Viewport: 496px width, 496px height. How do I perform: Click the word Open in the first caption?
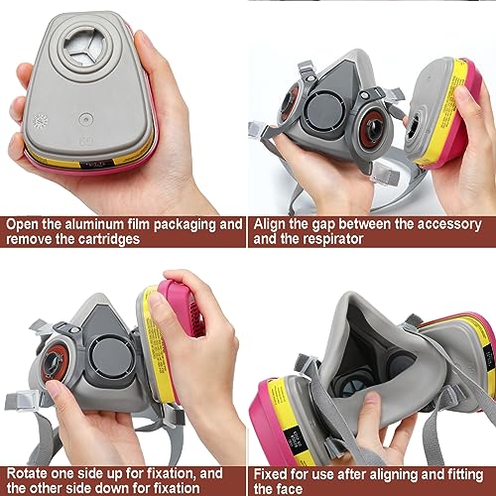coord(25,224)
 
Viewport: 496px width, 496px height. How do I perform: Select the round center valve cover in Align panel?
coord(330,112)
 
